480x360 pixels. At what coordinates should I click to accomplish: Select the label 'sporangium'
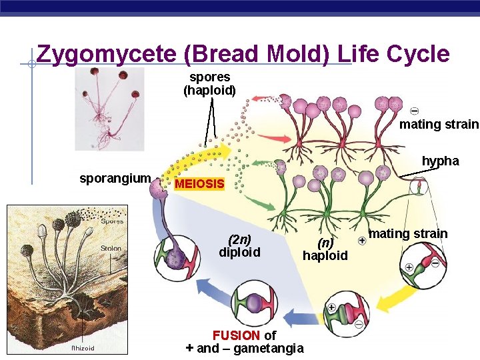(x=115, y=179)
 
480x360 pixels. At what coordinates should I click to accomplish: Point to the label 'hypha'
(x=440, y=161)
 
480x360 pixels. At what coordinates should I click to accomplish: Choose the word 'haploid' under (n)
(x=325, y=255)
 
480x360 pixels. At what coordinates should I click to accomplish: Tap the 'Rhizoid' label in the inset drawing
(x=83, y=348)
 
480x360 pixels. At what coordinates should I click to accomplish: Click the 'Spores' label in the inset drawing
(x=111, y=221)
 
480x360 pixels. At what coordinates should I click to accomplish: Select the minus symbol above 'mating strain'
(x=415, y=111)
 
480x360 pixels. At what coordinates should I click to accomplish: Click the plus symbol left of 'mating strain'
(x=361, y=239)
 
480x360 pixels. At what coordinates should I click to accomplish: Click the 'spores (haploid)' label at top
(x=209, y=83)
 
